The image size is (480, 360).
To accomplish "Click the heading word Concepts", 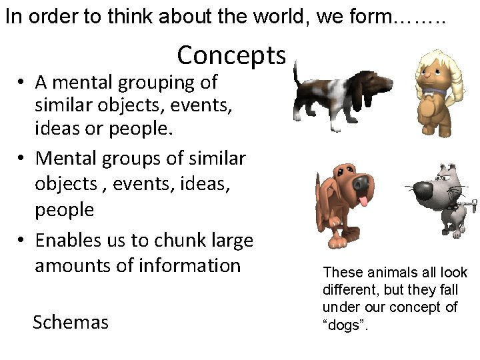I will pyautogui.click(x=231, y=55).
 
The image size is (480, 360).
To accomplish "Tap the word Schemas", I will pyautogui.click(x=71, y=323).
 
